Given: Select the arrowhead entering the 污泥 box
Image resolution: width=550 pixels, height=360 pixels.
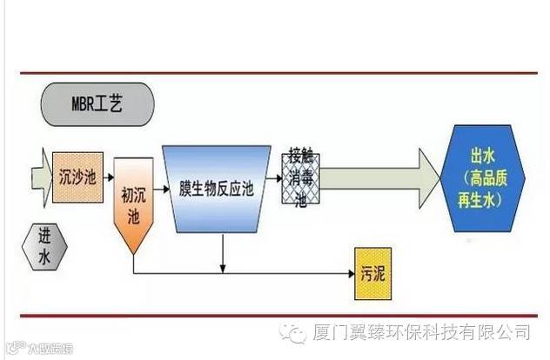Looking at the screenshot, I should point(347,275).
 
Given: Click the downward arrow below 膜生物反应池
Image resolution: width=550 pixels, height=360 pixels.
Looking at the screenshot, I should point(225,252).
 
